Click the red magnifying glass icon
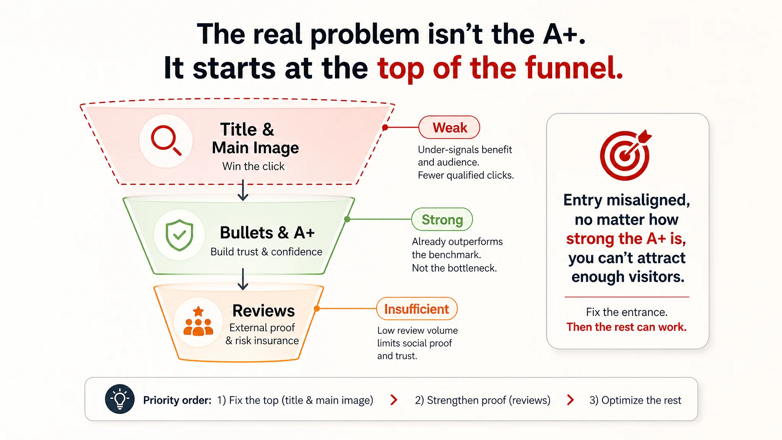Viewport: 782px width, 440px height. tap(166, 140)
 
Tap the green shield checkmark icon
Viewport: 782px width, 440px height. tap(179, 235)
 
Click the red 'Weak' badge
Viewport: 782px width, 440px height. tap(449, 127)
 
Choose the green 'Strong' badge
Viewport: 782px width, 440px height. tap(442, 219)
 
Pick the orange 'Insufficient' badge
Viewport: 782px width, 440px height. tap(417, 309)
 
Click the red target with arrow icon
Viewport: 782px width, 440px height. tap(625, 155)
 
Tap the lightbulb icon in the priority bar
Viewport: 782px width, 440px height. tap(120, 399)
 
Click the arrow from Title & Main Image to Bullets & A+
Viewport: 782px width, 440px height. tap(243, 190)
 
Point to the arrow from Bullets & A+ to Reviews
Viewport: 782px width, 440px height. tap(243, 279)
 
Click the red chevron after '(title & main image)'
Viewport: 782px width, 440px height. tap(394, 400)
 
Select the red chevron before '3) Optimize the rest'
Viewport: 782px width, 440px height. tap(570, 400)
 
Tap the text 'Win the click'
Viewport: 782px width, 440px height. tap(254, 166)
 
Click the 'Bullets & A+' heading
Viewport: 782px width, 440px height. tap(267, 233)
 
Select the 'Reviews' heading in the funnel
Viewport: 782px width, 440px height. tap(263, 311)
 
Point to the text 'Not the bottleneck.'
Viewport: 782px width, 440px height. tap(454, 268)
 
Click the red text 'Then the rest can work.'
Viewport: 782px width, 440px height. tap(627, 327)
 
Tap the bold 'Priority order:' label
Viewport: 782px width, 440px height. tap(177, 400)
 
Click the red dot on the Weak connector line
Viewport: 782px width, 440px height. tap(385, 128)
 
